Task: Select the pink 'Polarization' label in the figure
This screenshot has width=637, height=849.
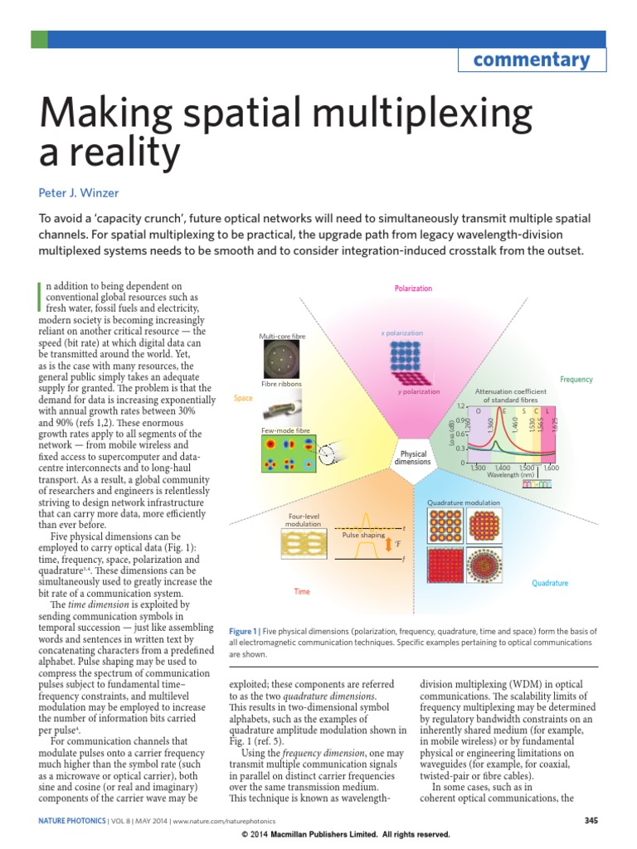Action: point(413,289)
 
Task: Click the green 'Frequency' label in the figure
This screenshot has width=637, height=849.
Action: point(576,379)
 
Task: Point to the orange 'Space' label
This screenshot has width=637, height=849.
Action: point(243,398)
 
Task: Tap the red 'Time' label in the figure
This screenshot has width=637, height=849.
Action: point(302,592)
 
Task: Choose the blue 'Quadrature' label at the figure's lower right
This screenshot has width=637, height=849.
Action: point(550,584)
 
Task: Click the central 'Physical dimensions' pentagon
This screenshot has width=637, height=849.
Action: point(414,458)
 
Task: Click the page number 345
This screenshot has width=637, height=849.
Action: point(591,819)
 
